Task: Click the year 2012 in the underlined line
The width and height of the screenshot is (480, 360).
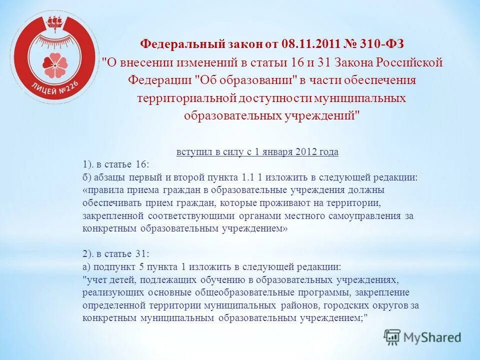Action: (306, 152)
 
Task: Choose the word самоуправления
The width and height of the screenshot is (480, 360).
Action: (371, 215)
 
